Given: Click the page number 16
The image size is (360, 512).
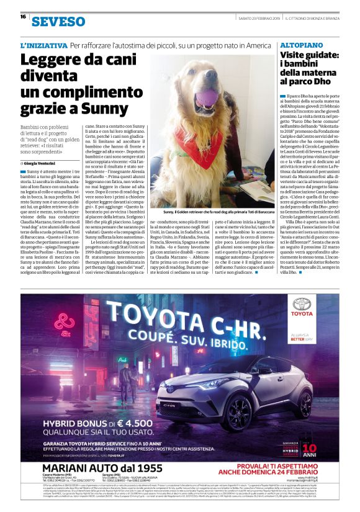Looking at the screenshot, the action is pyautogui.click(x=22, y=17).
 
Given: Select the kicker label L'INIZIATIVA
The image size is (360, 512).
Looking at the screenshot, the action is pyautogui.click(x=43, y=46).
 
